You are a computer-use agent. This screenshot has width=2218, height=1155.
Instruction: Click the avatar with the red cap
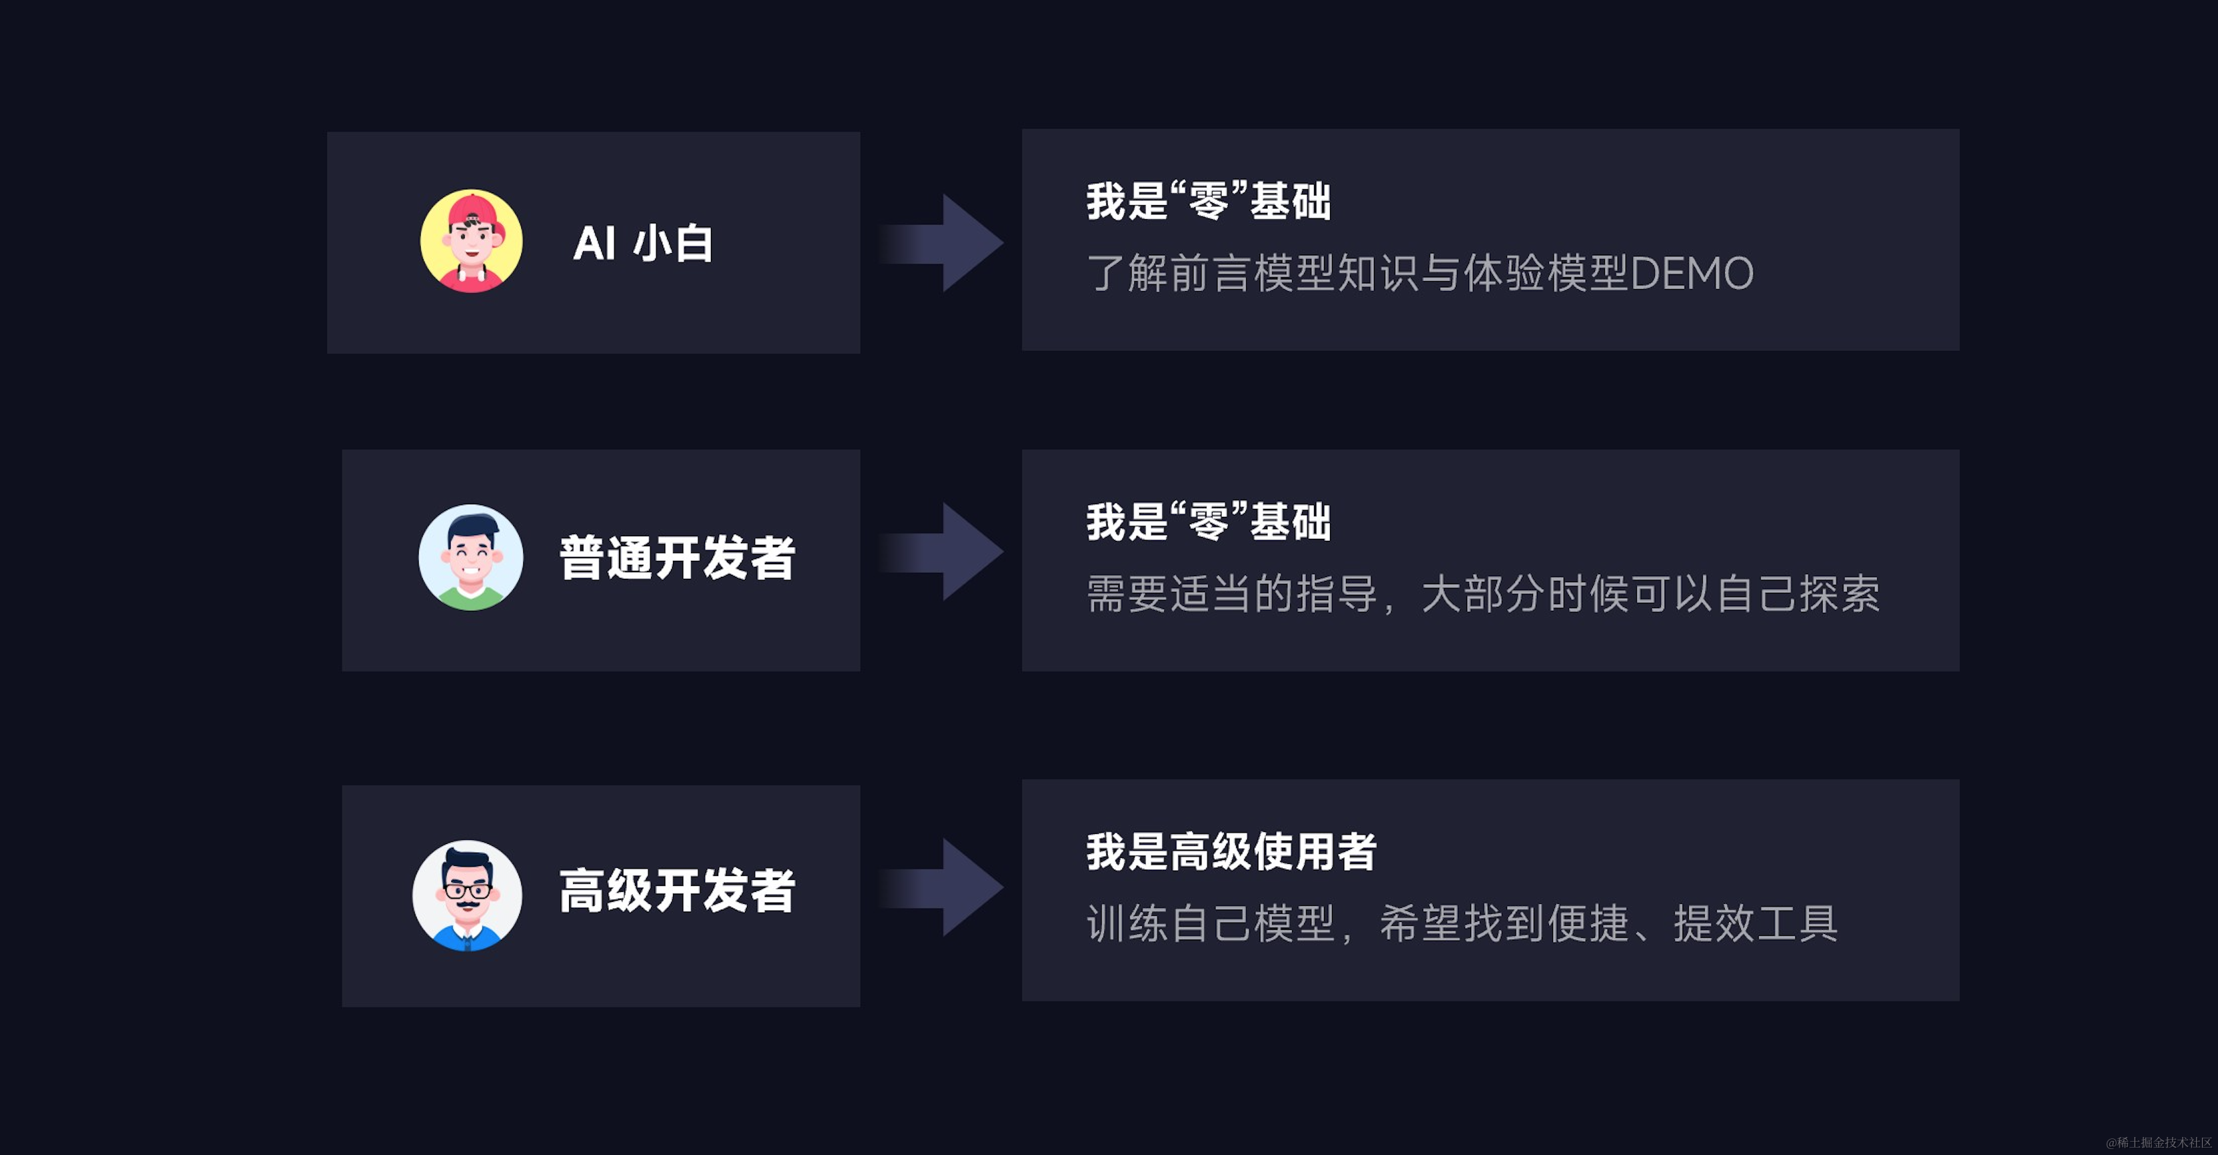pos(471,241)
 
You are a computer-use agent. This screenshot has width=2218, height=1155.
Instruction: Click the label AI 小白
pos(643,243)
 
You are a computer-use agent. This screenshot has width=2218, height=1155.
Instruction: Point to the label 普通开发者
pos(677,558)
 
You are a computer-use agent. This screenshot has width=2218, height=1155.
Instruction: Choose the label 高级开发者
pos(677,890)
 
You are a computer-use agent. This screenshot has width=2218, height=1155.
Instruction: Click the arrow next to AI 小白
pos(943,243)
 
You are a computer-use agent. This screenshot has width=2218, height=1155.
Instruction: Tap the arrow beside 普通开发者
pos(943,552)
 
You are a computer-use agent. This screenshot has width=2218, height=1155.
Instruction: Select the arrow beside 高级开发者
pos(943,887)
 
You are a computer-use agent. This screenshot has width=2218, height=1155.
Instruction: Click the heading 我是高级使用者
pos(1231,851)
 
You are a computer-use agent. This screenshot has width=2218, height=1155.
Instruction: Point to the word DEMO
pos(1692,273)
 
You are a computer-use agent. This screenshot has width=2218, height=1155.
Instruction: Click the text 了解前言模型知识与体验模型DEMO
pos(1420,273)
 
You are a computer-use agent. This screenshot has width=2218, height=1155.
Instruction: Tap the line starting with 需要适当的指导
pos(1482,593)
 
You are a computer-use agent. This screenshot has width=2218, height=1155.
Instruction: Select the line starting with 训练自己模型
pos(1462,923)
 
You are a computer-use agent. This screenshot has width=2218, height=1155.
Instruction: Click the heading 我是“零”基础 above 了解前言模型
pos(1209,202)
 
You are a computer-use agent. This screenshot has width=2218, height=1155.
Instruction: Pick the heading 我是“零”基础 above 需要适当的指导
pos(1209,522)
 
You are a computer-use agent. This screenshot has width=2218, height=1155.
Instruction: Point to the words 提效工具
pos(1755,923)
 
